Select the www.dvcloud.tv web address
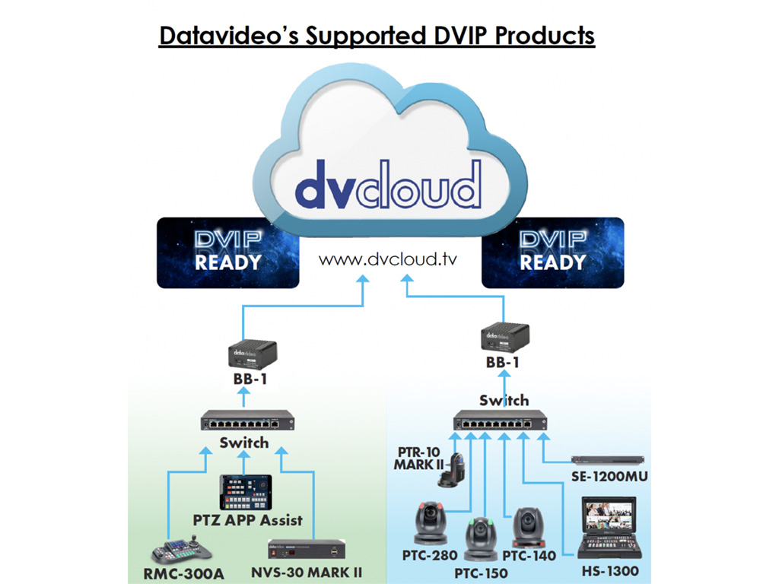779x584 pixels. (389, 259)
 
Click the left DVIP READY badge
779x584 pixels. (227, 252)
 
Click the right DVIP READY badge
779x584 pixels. (552, 252)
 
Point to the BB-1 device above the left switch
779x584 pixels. (254, 354)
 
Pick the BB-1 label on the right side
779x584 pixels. (502, 363)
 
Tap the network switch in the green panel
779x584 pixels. (247, 420)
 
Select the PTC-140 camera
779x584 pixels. (526, 526)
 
